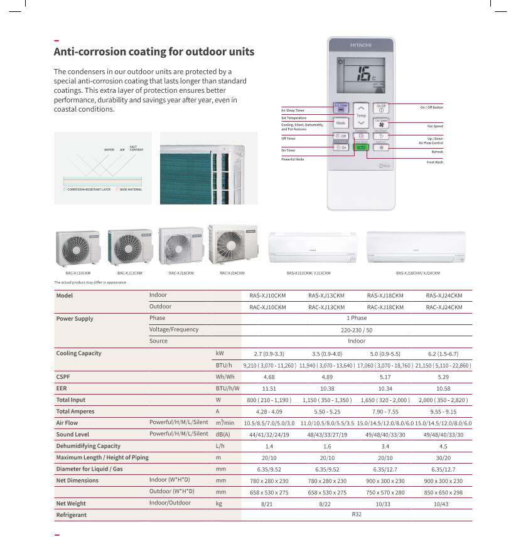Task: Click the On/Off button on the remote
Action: click(x=381, y=108)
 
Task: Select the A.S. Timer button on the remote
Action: click(x=340, y=108)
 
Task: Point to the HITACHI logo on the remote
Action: click(x=361, y=47)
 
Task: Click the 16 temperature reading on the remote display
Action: click(x=362, y=75)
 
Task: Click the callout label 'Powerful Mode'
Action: click(x=292, y=160)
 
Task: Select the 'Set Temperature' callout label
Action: click(x=294, y=118)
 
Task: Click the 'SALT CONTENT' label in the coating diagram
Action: click(x=136, y=149)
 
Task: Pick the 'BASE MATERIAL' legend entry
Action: click(x=131, y=189)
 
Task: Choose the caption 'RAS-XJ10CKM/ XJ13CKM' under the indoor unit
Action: click(x=308, y=273)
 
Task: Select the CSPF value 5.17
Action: click(x=385, y=377)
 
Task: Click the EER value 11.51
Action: click(x=269, y=388)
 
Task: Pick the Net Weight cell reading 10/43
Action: click(x=444, y=504)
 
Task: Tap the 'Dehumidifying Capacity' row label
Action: click(x=88, y=446)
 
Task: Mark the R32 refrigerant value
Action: click(x=357, y=515)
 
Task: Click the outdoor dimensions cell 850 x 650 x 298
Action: click(x=444, y=492)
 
